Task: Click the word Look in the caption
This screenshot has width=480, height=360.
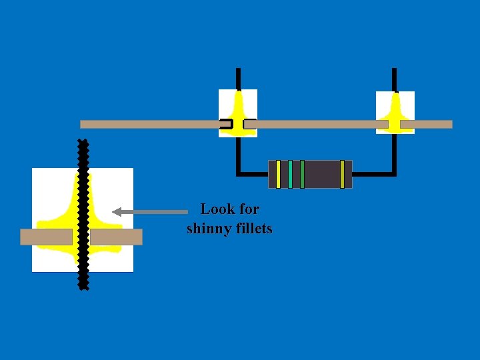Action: point(217,209)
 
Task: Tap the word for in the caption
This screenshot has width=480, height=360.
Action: point(248,209)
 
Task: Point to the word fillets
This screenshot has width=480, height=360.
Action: point(252,229)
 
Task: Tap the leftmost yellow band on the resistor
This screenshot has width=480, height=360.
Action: point(279,174)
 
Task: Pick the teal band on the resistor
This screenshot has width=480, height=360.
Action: point(290,174)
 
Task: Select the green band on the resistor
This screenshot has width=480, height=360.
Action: point(302,174)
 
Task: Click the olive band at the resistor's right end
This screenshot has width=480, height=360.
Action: point(342,174)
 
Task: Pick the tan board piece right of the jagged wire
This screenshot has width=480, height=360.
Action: point(116,237)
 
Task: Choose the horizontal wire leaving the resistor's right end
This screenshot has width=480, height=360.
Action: point(373,174)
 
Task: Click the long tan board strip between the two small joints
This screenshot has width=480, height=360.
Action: point(317,124)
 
